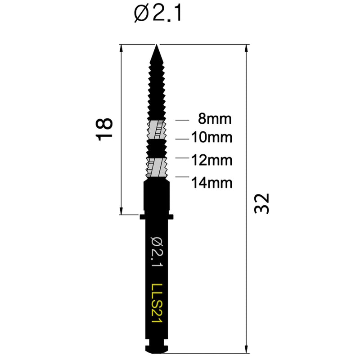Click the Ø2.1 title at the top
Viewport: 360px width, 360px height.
157,15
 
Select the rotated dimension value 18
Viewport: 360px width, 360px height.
104,129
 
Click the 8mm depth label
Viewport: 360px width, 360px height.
215,120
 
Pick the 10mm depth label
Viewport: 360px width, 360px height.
212,138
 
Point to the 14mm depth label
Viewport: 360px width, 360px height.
212,183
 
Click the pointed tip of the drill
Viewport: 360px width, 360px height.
157,46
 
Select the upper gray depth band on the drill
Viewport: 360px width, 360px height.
157,129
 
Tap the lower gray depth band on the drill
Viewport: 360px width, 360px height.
157,167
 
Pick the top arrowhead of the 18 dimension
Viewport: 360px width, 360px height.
121,48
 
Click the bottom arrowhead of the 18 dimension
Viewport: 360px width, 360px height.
121,211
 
